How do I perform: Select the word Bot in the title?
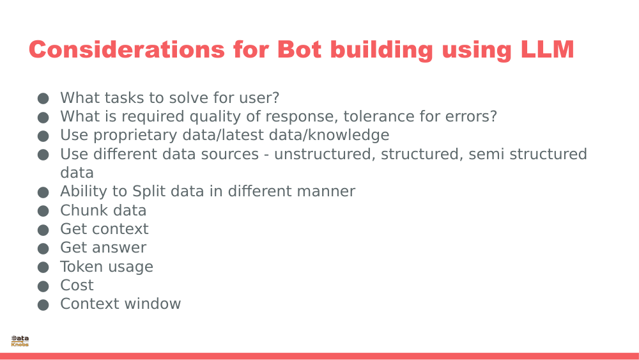[x=301, y=50]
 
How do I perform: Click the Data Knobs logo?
[x=20, y=341]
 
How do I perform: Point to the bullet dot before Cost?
[x=43, y=286]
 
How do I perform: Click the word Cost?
[x=77, y=285]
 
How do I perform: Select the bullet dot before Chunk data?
[x=43, y=211]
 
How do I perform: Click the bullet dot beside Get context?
[x=43, y=230]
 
